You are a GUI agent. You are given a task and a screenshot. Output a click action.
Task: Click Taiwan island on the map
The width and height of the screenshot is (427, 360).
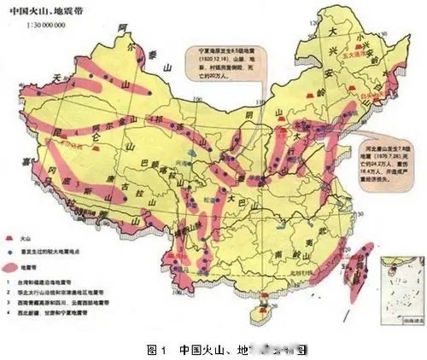[361, 257]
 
